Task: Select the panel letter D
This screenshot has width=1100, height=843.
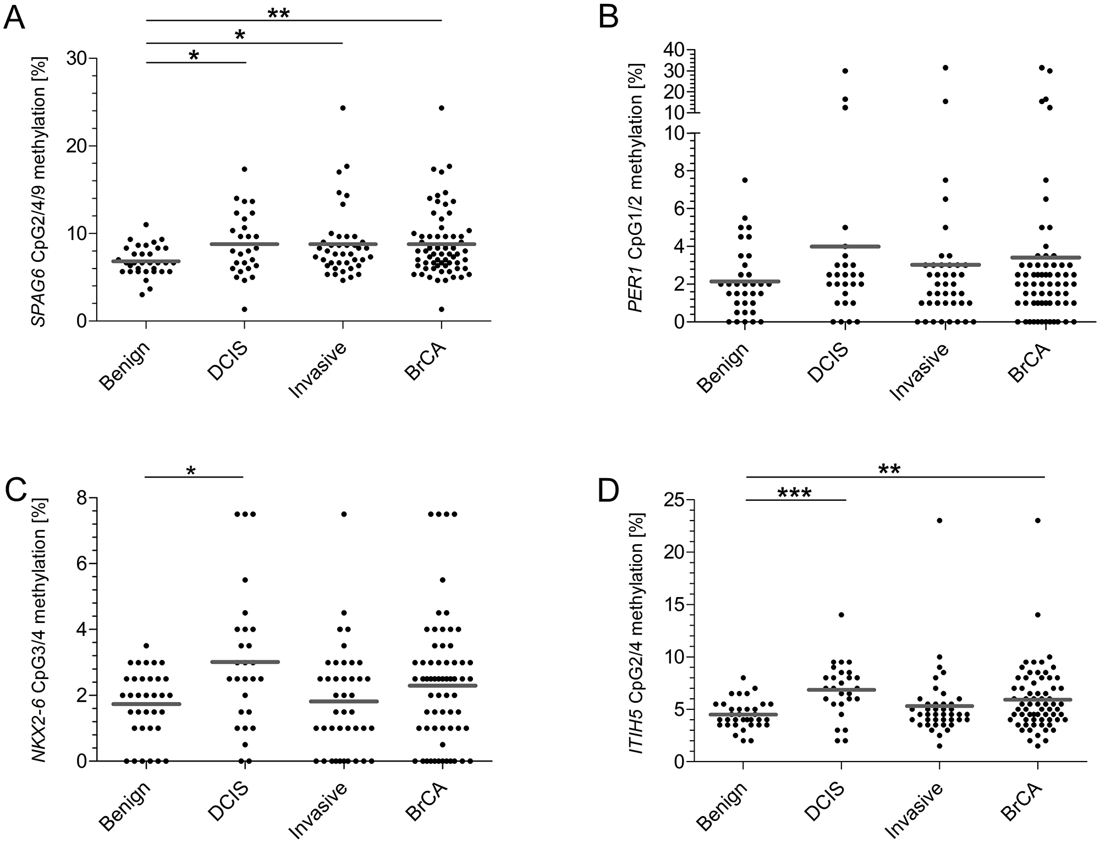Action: tap(609, 492)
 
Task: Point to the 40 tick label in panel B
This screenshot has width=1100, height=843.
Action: tap(670, 50)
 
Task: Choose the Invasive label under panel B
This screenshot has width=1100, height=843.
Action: tap(920, 372)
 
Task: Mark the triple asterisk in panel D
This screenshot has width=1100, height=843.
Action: tap(794, 492)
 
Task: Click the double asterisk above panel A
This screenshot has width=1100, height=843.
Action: tap(278, 13)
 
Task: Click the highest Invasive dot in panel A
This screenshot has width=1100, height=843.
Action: tap(343, 108)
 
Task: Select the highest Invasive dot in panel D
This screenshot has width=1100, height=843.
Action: tap(939, 520)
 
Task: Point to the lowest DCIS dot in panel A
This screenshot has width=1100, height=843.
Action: tap(244, 309)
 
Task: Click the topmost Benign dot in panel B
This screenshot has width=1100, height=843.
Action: tap(744, 180)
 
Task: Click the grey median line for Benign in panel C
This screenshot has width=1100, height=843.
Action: tap(146, 704)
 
